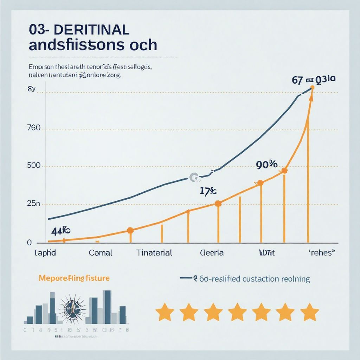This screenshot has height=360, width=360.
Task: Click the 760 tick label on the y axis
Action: click(x=34, y=128)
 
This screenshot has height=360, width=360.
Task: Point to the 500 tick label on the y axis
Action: click(x=34, y=165)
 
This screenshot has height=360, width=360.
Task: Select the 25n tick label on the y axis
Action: click(x=34, y=204)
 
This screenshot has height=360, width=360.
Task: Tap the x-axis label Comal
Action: click(x=101, y=252)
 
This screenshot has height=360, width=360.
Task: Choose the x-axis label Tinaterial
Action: click(x=154, y=252)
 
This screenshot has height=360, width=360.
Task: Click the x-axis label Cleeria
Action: click(x=212, y=252)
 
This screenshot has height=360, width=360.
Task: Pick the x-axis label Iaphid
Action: click(x=45, y=252)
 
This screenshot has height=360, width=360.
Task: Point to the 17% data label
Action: click(x=208, y=192)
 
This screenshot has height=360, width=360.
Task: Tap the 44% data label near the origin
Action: click(x=60, y=231)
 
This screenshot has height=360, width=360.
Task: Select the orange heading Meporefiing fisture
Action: click(x=74, y=278)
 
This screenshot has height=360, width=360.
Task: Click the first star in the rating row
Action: click(x=165, y=312)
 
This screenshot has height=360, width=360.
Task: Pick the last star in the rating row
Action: click(x=310, y=312)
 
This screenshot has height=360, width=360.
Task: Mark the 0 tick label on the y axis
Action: click(x=29, y=243)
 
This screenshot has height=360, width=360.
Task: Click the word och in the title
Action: click(x=143, y=46)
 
